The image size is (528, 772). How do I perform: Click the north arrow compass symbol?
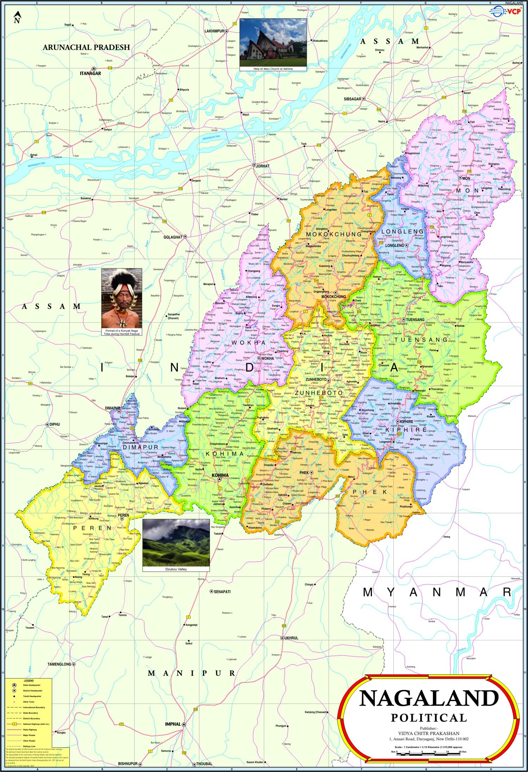point(17,17)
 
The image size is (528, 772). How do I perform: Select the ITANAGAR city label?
point(90,73)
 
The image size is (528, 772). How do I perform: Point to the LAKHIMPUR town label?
point(214,31)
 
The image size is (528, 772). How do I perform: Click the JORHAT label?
point(262,166)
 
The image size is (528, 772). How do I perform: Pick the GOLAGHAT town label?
point(173,237)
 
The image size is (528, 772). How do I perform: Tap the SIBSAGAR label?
point(352,99)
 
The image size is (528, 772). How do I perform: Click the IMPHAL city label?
point(173,724)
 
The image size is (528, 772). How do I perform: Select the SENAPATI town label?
point(222,592)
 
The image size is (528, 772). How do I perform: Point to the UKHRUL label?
point(291,638)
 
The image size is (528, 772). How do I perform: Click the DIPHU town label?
point(55,424)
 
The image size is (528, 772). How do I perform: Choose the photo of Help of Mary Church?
point(273,42)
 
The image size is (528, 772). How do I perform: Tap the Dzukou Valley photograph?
point(176,543)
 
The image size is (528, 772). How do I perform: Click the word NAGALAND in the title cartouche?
point(429,698)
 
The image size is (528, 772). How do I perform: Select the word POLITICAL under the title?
point(429,718)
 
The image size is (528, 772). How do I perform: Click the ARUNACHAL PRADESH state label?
point(86,47)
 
